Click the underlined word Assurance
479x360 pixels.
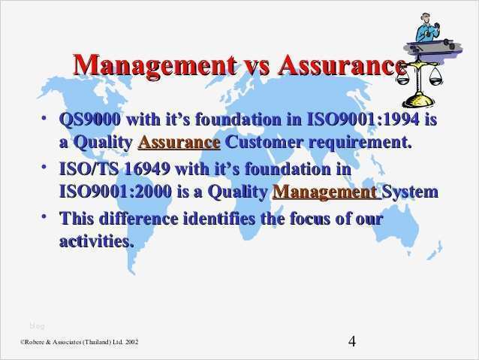click(x=179, y=142)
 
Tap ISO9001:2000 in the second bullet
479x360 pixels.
click(x=115, y=192)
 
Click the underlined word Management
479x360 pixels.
click(x=324, y=192)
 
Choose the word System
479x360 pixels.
click(x=410, y=192)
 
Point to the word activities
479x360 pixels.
click(x=96, y=242)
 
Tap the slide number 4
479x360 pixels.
click(x=352, y=341)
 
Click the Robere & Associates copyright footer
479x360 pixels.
click(x=79, y=343)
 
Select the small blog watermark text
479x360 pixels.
click(x=37, y=325)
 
